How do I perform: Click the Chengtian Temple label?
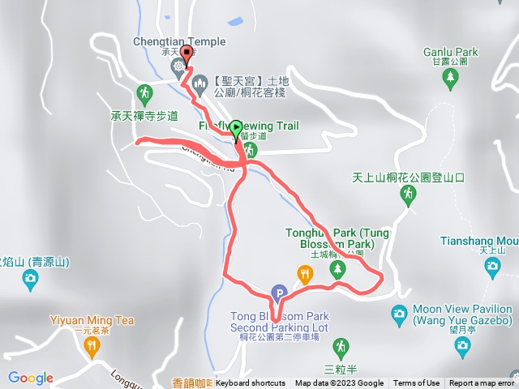(x=180, y=41)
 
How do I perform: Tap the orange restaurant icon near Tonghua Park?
(x=304, y=273)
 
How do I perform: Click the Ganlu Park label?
(x=451, y=51)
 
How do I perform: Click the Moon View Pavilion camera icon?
(x=399, y=314)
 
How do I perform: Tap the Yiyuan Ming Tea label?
(x=92, y=320)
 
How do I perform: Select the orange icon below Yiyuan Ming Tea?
(x=92, y=347)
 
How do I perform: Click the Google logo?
(x=31, y=378)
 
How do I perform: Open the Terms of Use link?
(x=417, y=383)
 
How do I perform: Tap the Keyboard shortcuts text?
(x=251, y=383)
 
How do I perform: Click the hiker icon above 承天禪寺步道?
(x=145, y=93)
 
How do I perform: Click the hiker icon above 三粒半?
(x=343, y=346)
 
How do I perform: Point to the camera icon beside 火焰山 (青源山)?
(x=31, y=280)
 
